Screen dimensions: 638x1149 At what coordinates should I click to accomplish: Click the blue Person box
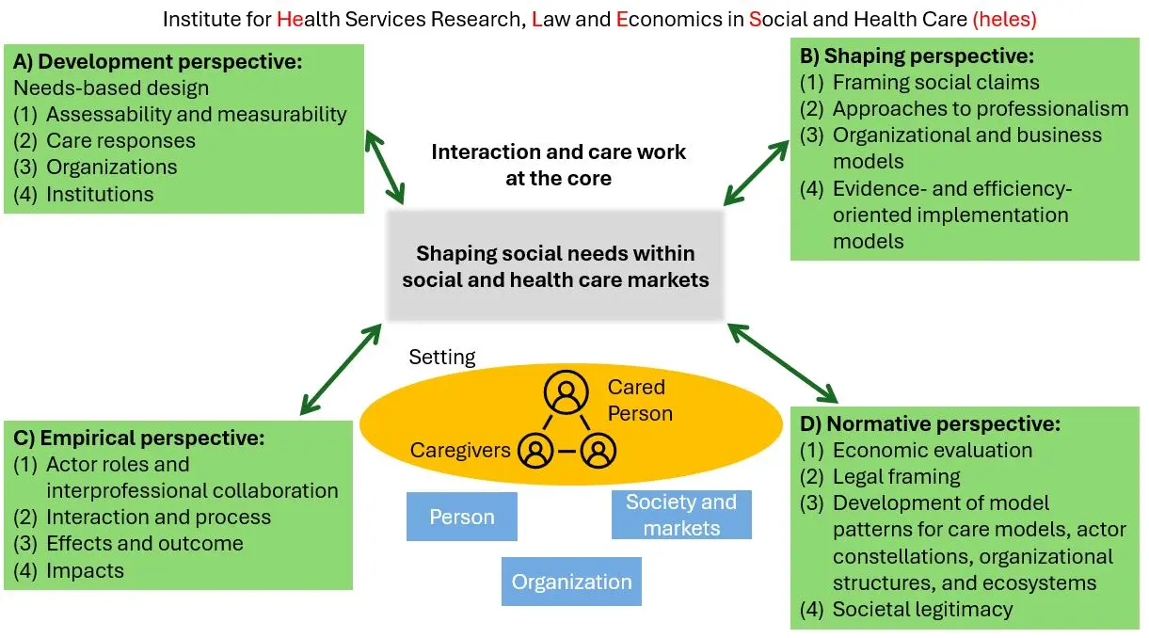coord(461,517)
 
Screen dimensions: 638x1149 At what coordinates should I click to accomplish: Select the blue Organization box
coord(571,582)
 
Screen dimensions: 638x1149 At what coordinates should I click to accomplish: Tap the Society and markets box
coord(681,515)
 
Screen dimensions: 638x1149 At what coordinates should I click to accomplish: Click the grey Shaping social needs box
coord(555,266)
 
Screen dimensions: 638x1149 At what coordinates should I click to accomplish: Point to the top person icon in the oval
coord(565,394)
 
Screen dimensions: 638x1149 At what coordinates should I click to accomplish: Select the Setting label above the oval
coord(442,358)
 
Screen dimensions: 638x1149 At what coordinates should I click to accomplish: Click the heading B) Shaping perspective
coord(917,56)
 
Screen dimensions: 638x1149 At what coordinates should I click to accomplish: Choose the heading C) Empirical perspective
coord(139,438)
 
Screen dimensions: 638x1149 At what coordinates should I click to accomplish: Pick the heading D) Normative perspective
coord(930,424)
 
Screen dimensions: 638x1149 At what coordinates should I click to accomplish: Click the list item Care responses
coord(120,141)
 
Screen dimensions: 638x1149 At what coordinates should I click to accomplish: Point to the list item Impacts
coord(85,570)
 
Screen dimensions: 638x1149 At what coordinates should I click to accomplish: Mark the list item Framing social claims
coord(935,82)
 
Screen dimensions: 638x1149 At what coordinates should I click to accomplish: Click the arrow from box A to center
coord(385,167)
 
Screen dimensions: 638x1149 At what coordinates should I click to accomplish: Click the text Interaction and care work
coord(559,152)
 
